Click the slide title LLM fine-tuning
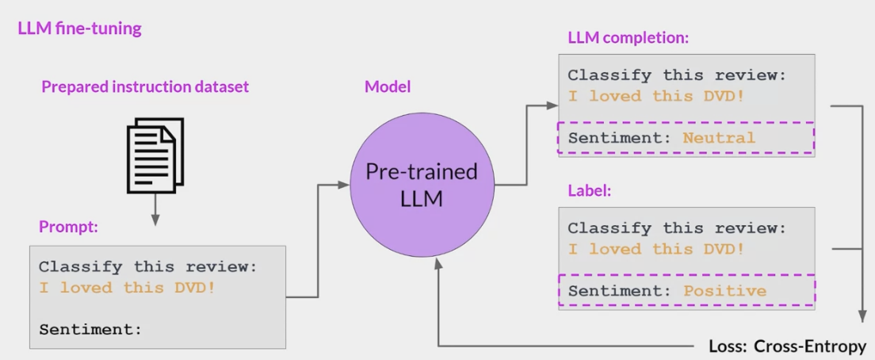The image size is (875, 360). click(x=79, y=29)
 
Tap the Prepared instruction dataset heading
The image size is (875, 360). click(x=145, y=86)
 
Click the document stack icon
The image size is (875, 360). click(x=155, y=155)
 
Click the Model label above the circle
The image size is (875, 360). click(x=388, y=86)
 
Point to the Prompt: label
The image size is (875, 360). click(x=68, y=227)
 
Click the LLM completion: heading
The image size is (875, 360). click(x=629, y=37)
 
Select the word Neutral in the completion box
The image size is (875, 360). click(x=719, y=138)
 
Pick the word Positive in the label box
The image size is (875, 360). click(x=724, y=290)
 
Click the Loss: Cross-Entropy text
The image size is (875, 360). click(x=786, y=347)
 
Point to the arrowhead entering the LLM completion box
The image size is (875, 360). click(x=553, y=105)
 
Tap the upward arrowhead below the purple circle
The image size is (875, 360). click(x=437, y=263)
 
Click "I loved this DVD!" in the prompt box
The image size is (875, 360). click(x=127, y=288)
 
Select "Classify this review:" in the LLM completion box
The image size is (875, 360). click(x=676, y=75)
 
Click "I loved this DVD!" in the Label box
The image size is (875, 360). click(x=655, y=249)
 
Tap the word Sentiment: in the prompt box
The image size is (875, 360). click(x=90, y=329)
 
